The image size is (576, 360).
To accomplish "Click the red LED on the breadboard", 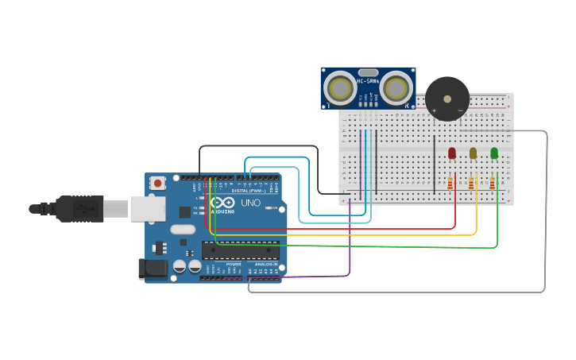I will [x=452, y=153].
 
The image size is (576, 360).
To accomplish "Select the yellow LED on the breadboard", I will [x=473, y=153].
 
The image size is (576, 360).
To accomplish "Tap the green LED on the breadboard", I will [x=494, y=153].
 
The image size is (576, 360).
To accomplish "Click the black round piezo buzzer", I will [x=447, y=99].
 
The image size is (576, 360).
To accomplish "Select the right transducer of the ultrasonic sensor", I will [x=395, y=88].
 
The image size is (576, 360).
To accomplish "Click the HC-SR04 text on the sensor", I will [x=368, y=80].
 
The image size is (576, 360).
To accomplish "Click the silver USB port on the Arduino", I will [x=147, y=208].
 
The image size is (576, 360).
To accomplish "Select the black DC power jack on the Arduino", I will [x=153, y=269].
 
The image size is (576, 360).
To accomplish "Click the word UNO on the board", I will [x=250, y=203].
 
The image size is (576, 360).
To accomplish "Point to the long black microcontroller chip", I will [x=240, y=250].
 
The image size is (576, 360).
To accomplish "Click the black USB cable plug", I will [x=79, y=208].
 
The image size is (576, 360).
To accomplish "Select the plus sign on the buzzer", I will [x=434, y=110].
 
